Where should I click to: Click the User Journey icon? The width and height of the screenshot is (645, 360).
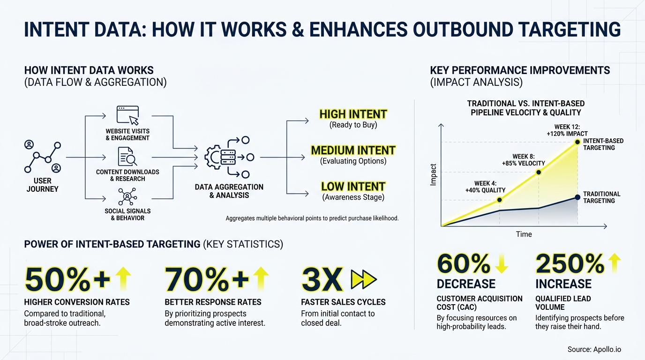(43, 157)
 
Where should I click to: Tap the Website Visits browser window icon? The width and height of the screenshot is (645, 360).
(127, 115)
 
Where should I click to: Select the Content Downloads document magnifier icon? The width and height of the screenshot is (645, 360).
(127, 157)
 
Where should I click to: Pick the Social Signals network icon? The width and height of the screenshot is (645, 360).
(127, 196)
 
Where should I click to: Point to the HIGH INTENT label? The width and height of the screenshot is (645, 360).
(353, 114)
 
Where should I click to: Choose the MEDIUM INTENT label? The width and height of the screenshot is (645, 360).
(353, 150)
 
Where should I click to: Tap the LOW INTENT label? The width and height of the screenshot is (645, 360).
(353, 187)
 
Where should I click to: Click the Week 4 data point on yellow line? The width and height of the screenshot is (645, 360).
(499, 200)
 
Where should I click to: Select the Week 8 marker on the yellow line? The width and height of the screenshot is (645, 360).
(539, 172)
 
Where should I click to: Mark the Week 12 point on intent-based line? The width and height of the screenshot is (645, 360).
(577, 142)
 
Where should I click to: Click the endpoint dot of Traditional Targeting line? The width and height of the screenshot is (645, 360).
(577, 197)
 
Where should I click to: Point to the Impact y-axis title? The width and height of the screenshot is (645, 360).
(433, 174)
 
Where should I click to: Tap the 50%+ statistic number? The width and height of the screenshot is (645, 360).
(67, 280)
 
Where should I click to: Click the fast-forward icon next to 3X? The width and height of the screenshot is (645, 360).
(364, 280)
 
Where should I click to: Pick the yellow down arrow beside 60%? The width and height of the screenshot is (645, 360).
(501, 264)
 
